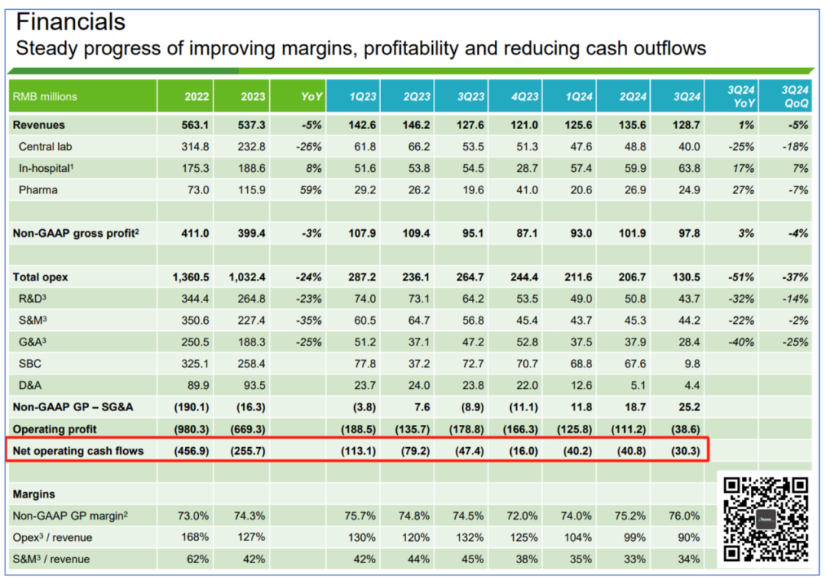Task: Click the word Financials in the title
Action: pos(70,21)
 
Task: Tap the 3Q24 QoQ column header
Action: pos(793,96)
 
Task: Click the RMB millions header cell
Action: pos(45,97)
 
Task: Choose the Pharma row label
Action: pos(39,190)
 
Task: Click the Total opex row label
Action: pos(41,277)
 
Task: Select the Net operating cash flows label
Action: pos(78,451)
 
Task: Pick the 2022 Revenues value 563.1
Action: pos(195,125)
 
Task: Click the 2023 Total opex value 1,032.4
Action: pos(244,277)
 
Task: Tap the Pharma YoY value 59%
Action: pos(311,190)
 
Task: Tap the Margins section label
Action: pos(34,494)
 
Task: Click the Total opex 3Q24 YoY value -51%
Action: pos(741,277)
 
